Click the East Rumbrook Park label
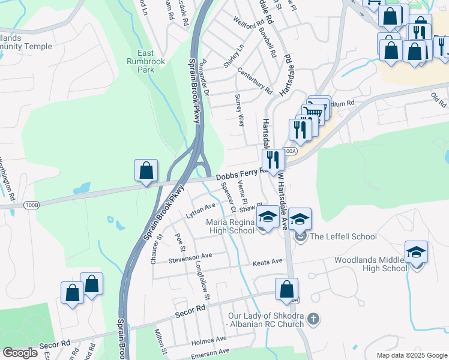tap(140, 61)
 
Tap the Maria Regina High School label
tap(231, 226)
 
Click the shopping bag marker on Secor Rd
tap(286, 289)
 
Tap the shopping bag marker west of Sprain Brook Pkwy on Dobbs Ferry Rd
tap(146, 171)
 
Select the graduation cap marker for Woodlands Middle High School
tap(416, 253)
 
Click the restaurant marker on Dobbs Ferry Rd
tap(273, 160)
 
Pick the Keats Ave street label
tap(267, 262)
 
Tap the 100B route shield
tap(32, 205)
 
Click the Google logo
tap(20, 353)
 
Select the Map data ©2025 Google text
tap(411, 355)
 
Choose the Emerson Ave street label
tap(210, 352)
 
